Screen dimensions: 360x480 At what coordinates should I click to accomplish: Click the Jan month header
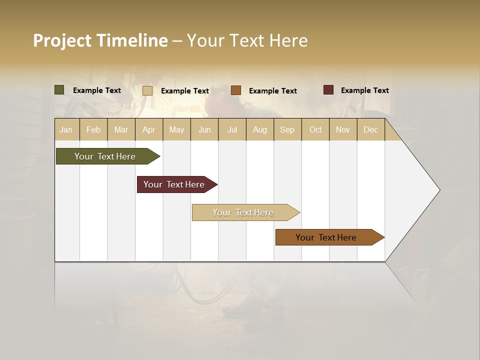pyautogui.click(x=66, y=129)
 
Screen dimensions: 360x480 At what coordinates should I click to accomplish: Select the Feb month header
pyautogui.click(x=93, y=129)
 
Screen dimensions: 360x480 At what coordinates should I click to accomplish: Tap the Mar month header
pyautogui.click(x=121, y=129)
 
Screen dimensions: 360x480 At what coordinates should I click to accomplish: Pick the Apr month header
pyautogui.click(x=149, y=129)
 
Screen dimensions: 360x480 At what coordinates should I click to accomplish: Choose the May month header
pyautogui.click(x=176, y=129)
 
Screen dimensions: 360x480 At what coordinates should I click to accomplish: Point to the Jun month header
pyautogui.click(x=204, y=129)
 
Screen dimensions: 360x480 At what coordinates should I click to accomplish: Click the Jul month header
pyautogui.click(x=232, y=129)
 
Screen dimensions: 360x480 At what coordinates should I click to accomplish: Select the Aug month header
pyautogui.click(x=260, y=129)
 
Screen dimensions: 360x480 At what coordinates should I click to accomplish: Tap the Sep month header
pyautogui.click(x=287, y=129)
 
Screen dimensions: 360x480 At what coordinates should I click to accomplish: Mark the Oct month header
pyautogui.click(x=315, y=129)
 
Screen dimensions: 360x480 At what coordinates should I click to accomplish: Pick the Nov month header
pyautogui.click(x=343, y=129)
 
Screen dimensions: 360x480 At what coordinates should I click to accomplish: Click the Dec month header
pyautogui.click(x=371, y=129)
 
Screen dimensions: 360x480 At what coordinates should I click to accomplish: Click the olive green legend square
pyautogui.click(x=59, y=90)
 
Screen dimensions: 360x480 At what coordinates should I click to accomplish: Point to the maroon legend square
pyautogui.click(x=328, y=90)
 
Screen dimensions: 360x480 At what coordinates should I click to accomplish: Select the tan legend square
pyautogui.click(x=147, y=90)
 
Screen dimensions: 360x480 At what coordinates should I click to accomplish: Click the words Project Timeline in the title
pyautogui.click(x=100, y=40)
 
